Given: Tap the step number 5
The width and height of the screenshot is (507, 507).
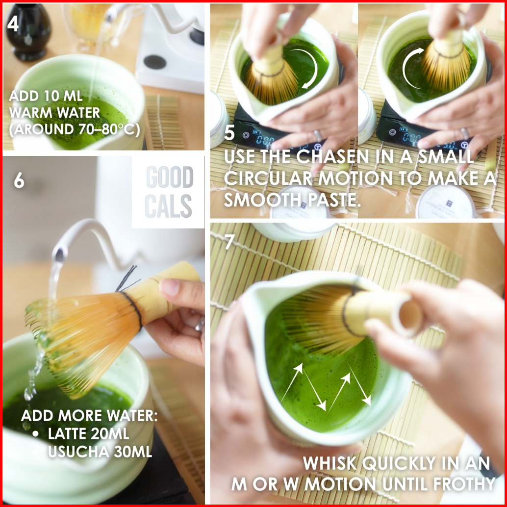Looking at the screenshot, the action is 229,132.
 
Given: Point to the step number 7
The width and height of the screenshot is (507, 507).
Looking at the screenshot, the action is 229,242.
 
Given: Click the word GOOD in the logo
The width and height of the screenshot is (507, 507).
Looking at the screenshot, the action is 170,177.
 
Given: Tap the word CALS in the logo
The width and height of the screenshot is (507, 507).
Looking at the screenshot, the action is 169,206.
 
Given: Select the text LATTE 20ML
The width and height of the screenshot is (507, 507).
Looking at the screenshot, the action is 88,434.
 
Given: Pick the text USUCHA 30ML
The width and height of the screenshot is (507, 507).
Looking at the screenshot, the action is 100,452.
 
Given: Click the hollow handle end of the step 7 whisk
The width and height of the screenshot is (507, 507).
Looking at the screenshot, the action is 410,314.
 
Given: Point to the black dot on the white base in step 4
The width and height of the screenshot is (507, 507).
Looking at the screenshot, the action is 154,62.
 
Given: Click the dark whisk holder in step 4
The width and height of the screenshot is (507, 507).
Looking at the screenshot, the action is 28,32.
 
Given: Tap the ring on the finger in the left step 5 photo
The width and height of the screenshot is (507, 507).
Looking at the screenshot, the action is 317,135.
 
